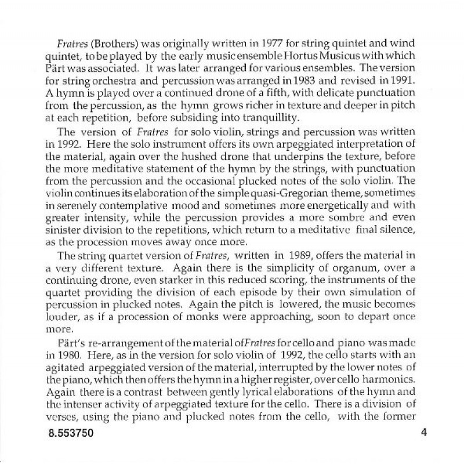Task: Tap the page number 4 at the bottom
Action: tap(424, 433)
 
